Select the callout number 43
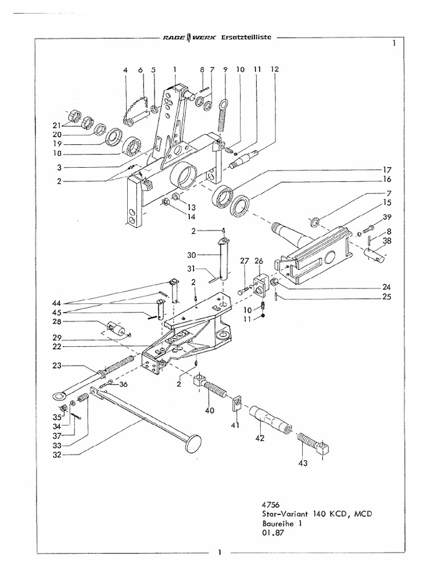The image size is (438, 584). pyautogui.click(x=302, y=463)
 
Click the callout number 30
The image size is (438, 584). pyautogui.click(x=192, y=254)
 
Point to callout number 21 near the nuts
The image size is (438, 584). pyautogui.click(x=58, y=125)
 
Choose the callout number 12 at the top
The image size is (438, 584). pyautogui.click(x=275, y=69)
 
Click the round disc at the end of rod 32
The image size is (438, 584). pyautogui.click(x=194, y=443)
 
